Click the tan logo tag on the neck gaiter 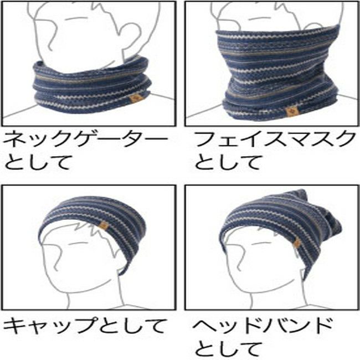coord(137,99)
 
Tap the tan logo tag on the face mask coord(291,112)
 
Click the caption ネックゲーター coord(85,139)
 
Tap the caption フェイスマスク coord(274,139)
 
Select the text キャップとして coord(83,326)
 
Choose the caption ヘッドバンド coord(262,326)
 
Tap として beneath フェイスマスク coord(227,162)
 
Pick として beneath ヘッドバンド coord(227,349)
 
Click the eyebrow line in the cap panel coord(77,243)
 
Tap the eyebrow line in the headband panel coord(261,243)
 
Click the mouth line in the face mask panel coord(258,18)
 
